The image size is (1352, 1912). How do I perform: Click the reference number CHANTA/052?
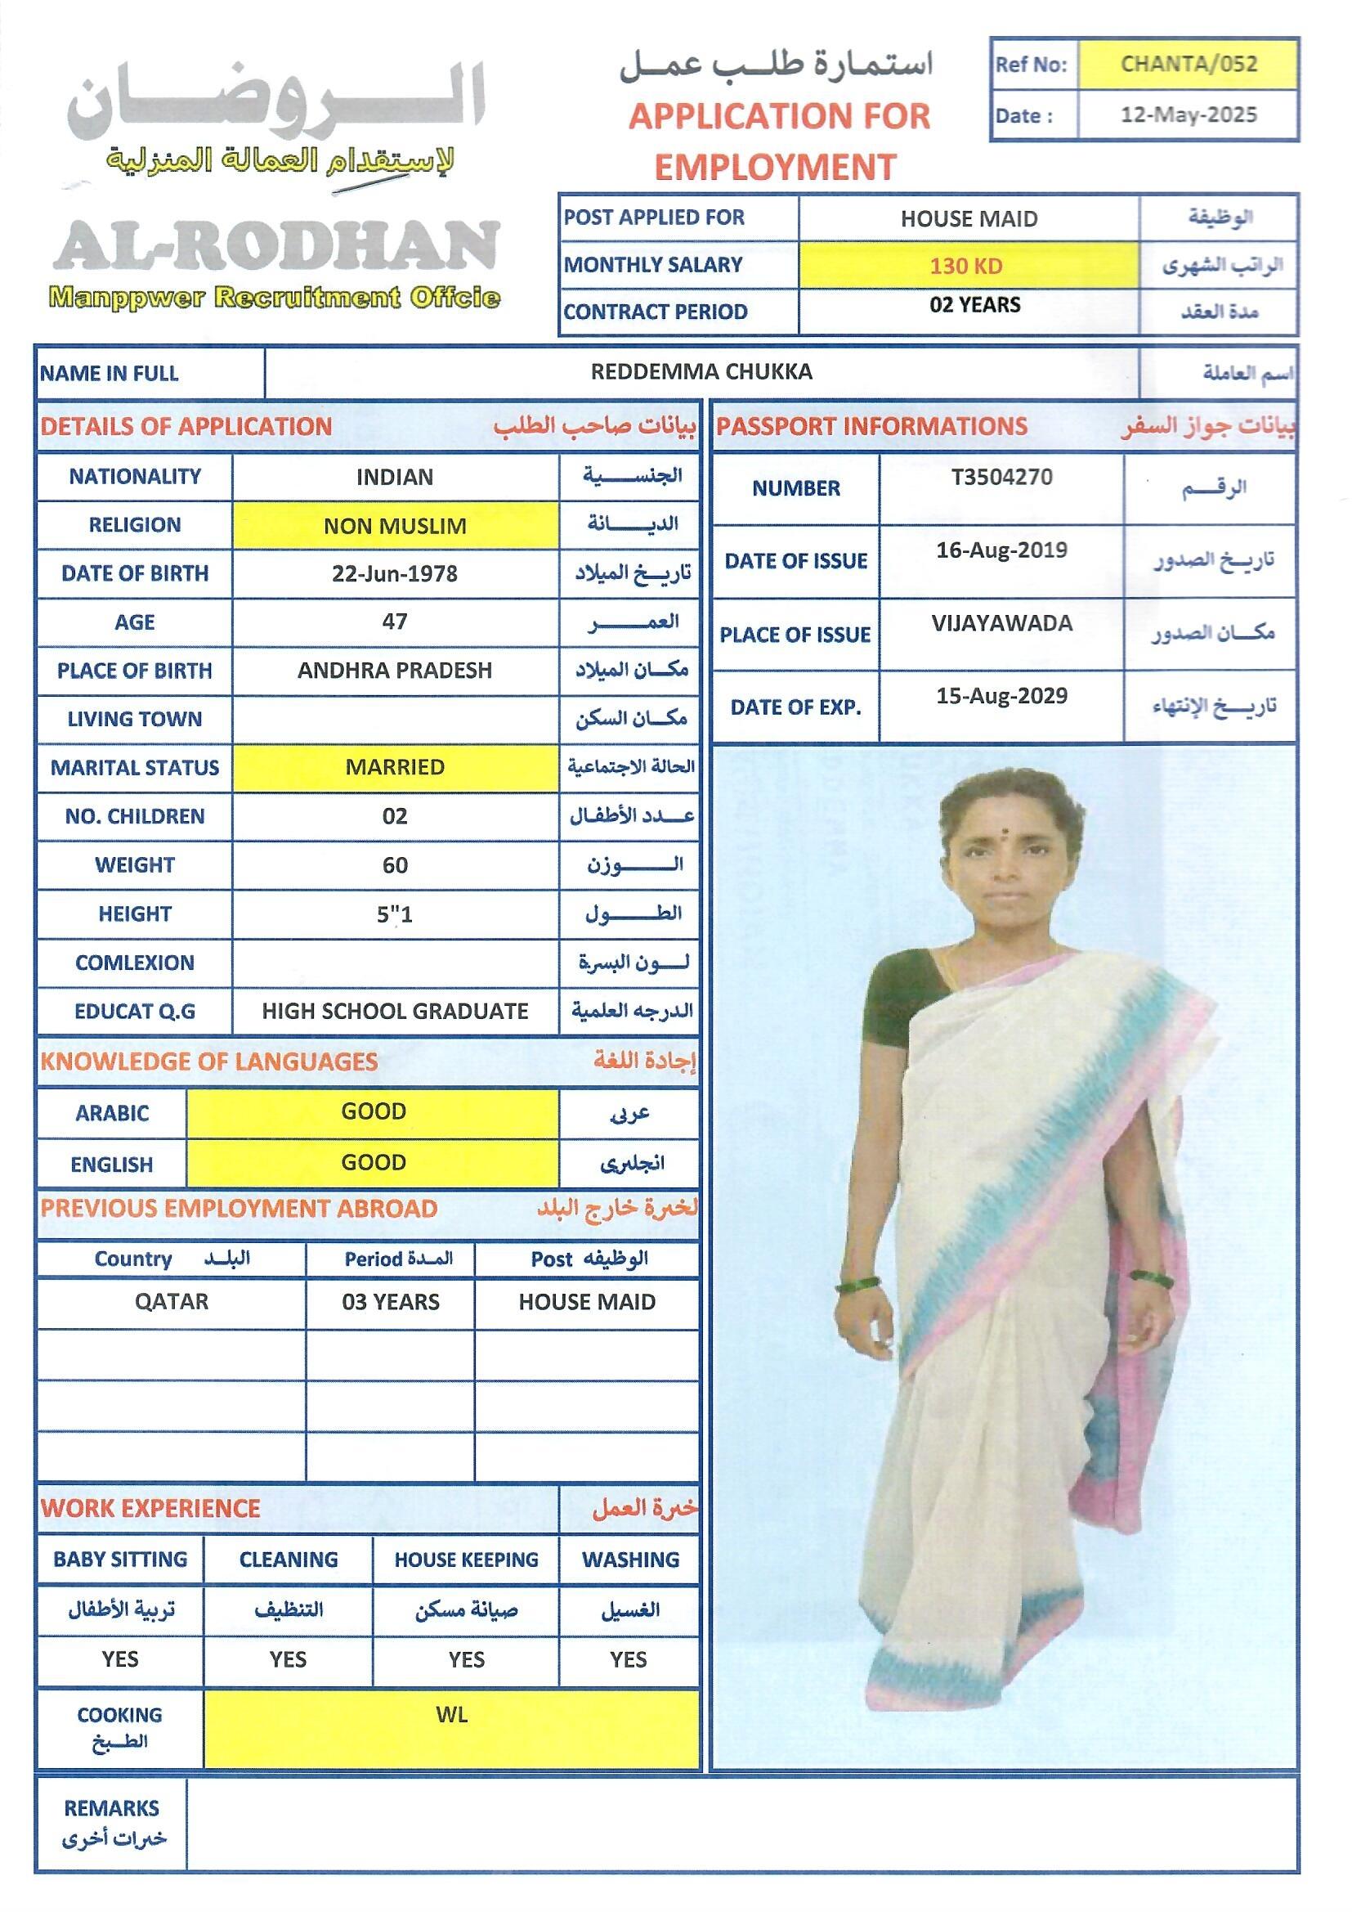coord(1188,64)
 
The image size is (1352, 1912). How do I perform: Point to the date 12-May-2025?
coord(1188,115)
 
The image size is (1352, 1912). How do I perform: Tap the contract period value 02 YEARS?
coord(975,305)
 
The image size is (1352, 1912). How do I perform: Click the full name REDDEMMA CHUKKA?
coord(701,371)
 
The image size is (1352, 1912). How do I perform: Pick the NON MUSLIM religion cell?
coord(395,527)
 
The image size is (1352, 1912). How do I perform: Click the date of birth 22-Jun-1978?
coord(395,574)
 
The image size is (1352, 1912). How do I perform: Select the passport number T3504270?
coord(1001,477)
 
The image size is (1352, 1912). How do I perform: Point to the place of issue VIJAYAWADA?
coord(1001,623)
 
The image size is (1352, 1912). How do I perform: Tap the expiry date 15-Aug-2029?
coord(1001,696)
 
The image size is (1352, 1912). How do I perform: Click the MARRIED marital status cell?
coord(395,767)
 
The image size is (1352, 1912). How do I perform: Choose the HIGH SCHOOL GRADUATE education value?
coord(395,1011)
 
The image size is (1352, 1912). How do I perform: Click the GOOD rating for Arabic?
coord(373,1111)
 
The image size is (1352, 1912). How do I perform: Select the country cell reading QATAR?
coord(172,1302)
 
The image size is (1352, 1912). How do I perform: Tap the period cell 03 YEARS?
coord(391,1302)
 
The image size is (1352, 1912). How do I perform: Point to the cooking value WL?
coord(451,1715)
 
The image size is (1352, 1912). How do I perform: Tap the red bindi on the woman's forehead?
coord(1006,832)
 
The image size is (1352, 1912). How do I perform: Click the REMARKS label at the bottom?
coord(111,1808)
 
